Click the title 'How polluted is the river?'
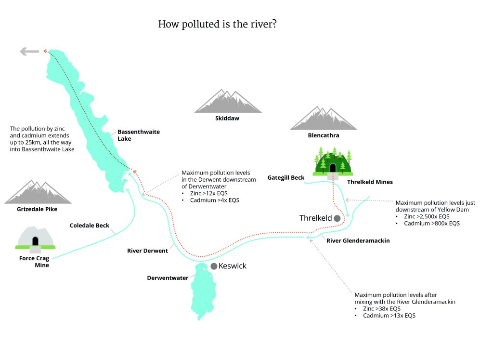point(217,24)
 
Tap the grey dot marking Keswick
point(214,266)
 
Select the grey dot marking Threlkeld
point(337,218)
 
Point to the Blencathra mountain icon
point(324,119)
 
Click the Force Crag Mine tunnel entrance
point(35,240)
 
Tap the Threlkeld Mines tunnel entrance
point(333,168)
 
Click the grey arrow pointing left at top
point(29,52)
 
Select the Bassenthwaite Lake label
point(132,135)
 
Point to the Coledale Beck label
point(90,226)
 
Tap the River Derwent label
point(147,251)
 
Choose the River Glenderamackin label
point(358,240)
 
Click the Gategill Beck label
point(286,178)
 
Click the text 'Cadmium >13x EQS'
point(389,316)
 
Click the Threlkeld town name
point(316,218)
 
